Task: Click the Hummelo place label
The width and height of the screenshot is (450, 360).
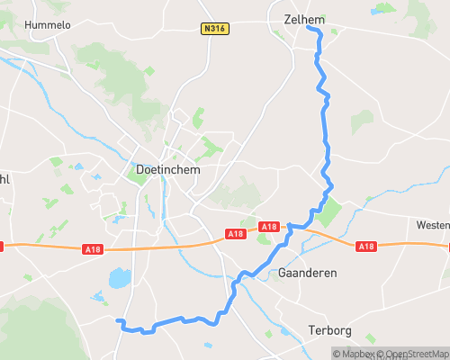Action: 49,25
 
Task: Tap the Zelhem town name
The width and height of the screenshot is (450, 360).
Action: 297,18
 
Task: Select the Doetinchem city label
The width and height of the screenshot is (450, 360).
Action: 166,169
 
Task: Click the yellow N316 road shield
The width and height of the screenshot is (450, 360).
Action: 214,29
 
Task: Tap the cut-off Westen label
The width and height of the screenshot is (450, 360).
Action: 433,224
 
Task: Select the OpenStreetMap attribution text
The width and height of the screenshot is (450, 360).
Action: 413,353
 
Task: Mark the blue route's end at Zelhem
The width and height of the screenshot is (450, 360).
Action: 308,28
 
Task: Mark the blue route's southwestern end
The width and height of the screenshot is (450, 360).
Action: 119,320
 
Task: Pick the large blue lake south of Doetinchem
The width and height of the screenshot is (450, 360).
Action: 120,278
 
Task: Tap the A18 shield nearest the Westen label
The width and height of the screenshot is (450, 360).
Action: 365,246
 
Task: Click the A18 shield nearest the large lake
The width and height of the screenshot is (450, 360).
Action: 94,248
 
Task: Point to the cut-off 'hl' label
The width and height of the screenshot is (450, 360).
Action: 4,177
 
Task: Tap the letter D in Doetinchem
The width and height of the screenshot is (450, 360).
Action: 139,169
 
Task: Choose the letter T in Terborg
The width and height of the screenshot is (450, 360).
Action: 311,330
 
